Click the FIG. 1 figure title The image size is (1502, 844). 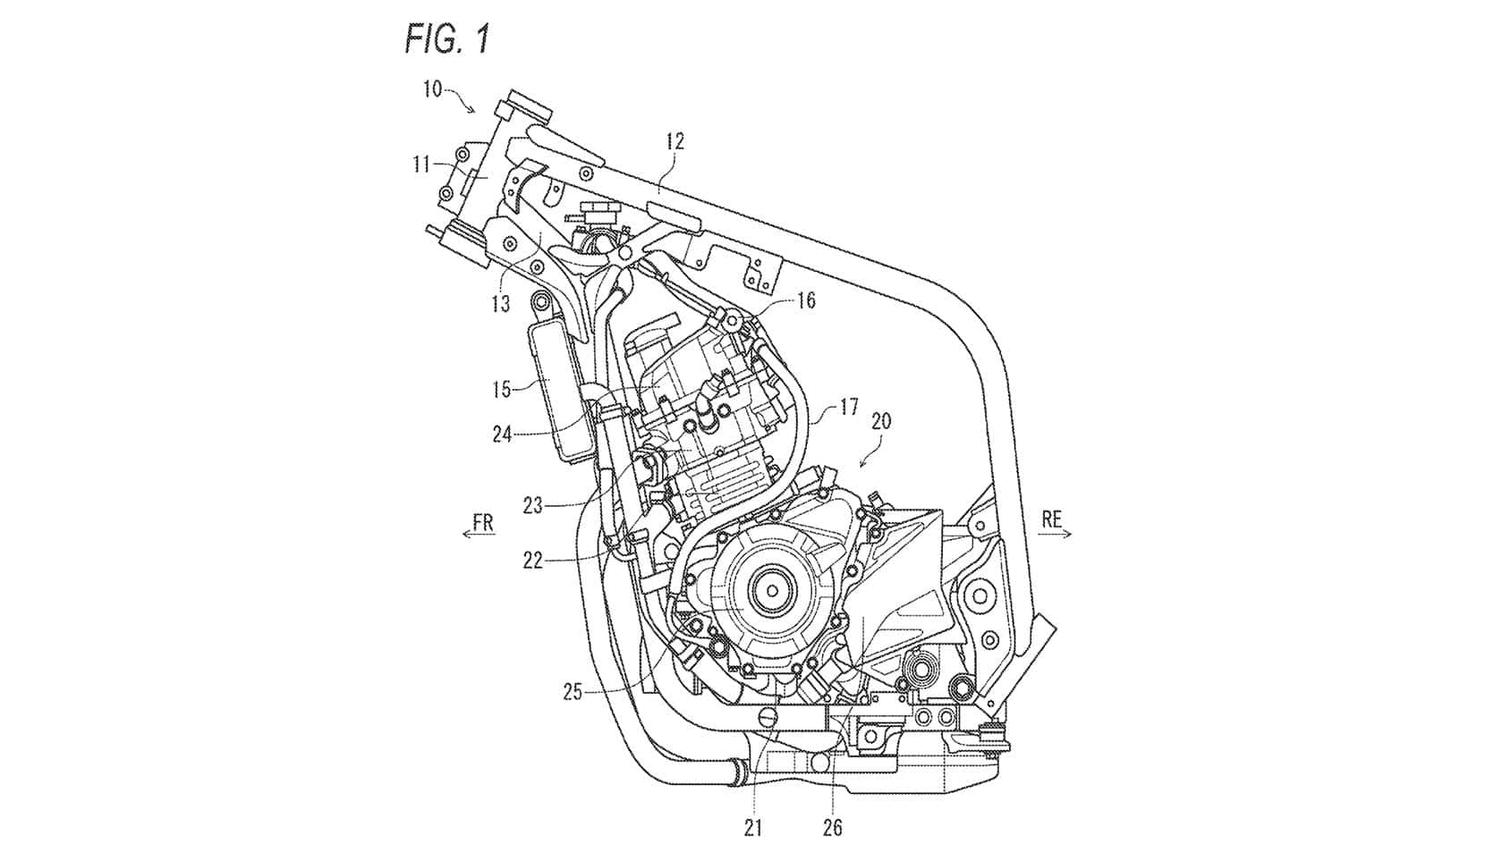pyautogui.click(x=447, y=38)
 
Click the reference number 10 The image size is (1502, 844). pyautogui.click(x=432, y=89)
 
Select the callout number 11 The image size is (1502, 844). pyautogui.click(x=421, y=165)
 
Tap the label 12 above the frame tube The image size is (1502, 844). pyautogui.click(x=675, y=141)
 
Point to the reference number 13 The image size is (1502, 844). pyautogui.click(x=501, y=304)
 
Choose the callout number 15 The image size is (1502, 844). pyautogui.click(x=502, y=389)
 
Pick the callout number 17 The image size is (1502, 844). pyautogui.click(x=848, y=407)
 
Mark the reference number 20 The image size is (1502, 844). pyautogui.click(x=881, y=421)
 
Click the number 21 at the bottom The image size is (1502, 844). pyautogui.click(x=753, y=829)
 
